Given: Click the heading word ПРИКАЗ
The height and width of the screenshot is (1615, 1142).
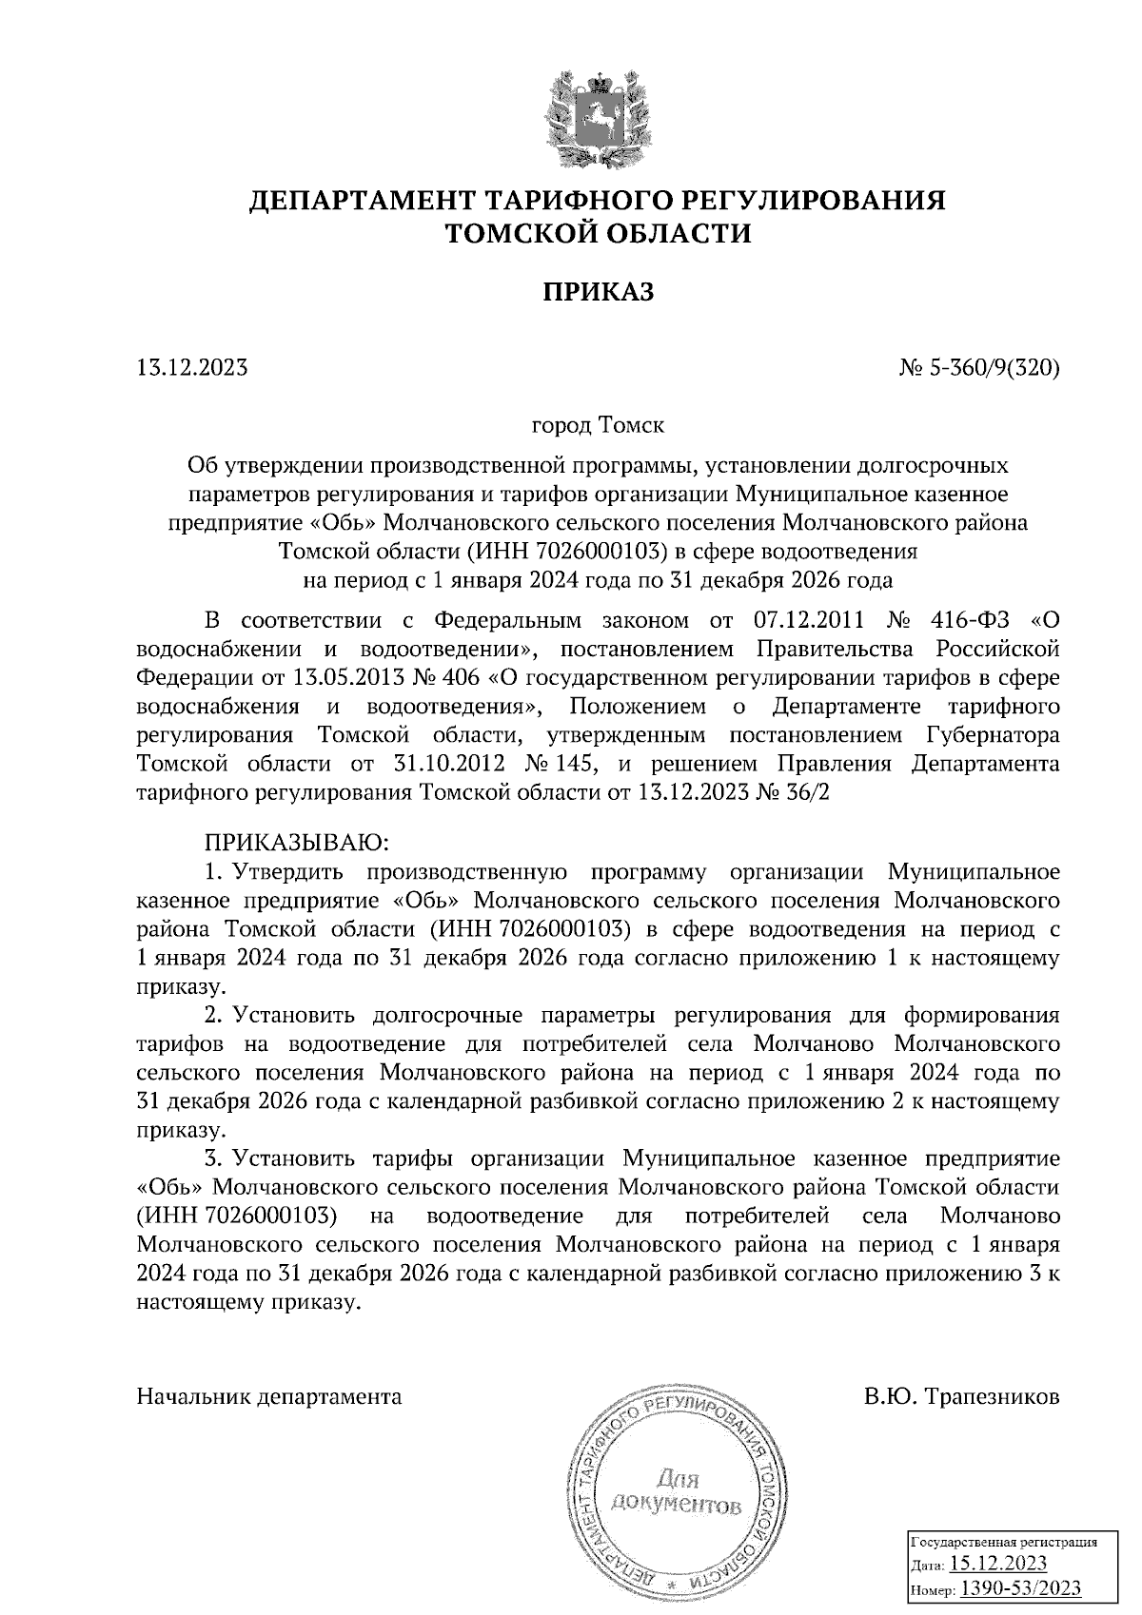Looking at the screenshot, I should (x=599, y=291).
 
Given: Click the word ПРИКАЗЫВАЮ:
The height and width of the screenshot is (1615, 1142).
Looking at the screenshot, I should (x=294, y=842).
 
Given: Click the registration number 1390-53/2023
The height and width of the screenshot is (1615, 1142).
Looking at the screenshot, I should (x=1020, y=1587).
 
